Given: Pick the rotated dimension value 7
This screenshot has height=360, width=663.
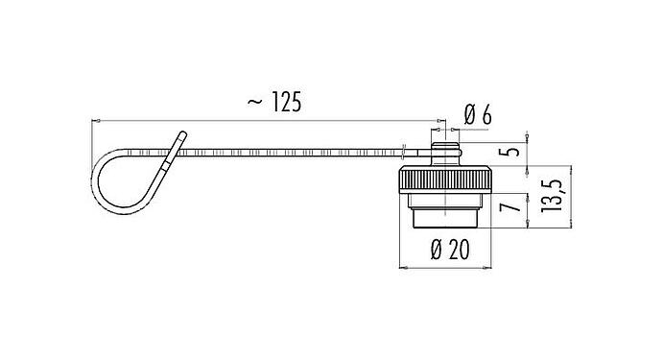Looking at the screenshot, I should [514, 204].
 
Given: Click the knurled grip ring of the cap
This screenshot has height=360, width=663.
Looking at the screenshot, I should [448, 179].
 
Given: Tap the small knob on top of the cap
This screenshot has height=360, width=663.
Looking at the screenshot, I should [444, 149].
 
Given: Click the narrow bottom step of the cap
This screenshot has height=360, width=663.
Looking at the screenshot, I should [448, 219].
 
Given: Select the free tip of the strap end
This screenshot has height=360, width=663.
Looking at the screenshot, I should [181, 134].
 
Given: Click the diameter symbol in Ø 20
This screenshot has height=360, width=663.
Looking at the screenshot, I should [436, 251].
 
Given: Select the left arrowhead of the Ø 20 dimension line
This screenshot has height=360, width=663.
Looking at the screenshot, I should [401, 268].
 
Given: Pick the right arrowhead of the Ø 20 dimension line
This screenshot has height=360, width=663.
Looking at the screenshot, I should [493, 268].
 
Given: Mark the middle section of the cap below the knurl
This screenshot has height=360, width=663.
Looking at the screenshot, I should [448, 201].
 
